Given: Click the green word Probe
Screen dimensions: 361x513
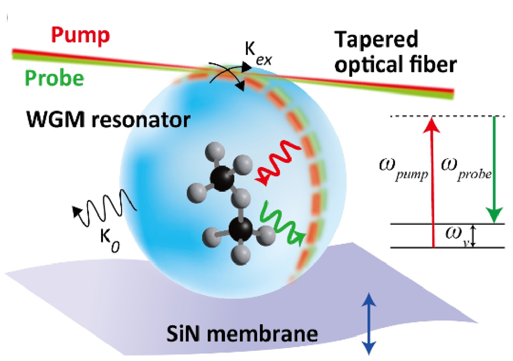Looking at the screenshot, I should pos(55,78).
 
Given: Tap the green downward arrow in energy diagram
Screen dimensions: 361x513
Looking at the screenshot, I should pos(494,170).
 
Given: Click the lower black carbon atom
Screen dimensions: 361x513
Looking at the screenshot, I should pos(241,229).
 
